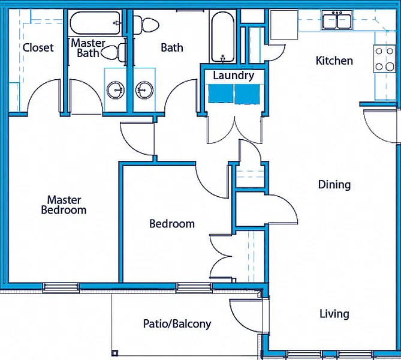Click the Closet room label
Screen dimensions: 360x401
tap(38, 47)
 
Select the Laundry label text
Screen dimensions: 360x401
tap(233, 76)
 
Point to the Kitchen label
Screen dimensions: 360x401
tap(334, 61)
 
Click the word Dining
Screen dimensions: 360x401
tap(334, 184)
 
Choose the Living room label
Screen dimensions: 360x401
tap(334, 314)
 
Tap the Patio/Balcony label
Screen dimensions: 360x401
tap(177, 324)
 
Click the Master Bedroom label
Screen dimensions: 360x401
tap(64, 205)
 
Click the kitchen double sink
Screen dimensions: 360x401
tap(337, 21)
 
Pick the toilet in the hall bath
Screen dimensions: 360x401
tap(144, 25)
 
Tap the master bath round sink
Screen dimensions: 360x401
tap(115, 91)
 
